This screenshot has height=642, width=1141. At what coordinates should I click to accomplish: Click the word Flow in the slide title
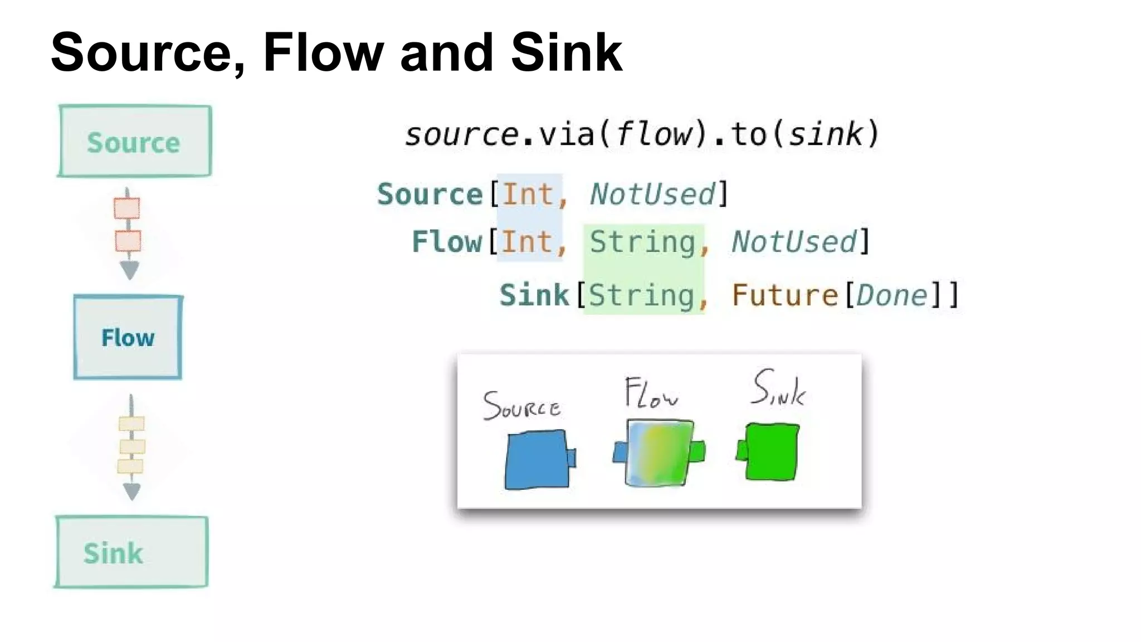tap(323, 53)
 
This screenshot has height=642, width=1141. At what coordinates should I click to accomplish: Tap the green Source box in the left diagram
tap(135, 142)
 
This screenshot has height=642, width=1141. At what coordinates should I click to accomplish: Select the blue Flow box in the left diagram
tap(128, 338)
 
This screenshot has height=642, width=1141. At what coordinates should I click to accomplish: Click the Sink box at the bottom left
tap(131, 552)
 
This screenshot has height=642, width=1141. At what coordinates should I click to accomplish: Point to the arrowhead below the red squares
tap(129, 270)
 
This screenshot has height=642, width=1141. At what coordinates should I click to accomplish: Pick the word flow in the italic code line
tap(653, 134)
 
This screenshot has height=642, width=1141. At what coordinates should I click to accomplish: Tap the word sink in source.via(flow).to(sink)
tap(825, 134)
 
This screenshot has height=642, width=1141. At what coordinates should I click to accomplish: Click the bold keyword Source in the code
tap(430, 194)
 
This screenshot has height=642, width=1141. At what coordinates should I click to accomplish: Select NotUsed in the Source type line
tap(652, 194)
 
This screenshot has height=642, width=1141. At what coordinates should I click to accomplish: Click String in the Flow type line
tap(642, 242)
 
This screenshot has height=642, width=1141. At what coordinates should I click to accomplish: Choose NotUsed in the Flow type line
tap(793, 242)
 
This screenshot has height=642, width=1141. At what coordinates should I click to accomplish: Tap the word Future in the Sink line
tap(784, 295)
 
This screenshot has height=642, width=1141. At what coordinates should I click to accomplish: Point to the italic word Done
tap(891, 295)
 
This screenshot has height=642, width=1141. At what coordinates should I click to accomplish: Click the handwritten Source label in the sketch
tap(521, 406)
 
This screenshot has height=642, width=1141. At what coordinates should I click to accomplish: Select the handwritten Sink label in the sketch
tap(778, 388)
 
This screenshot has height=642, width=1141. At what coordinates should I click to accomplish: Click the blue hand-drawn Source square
tap(538, 460)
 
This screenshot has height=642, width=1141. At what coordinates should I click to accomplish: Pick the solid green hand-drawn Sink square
tap(771, 451)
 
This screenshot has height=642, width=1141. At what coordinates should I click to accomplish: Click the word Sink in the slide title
tap(566, 53)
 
